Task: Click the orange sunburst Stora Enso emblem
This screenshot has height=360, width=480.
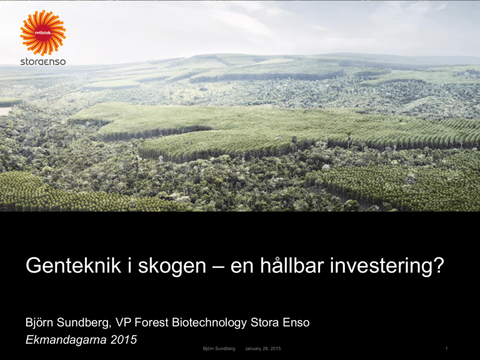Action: (x=43, y=32)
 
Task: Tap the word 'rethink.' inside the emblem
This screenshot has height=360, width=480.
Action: (x=42, y=32)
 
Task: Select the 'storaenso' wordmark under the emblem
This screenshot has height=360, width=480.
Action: (x=43, y=61)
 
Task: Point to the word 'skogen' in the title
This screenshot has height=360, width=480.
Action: (x=172, y=266)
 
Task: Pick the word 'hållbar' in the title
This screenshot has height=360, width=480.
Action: (x=292, y=265)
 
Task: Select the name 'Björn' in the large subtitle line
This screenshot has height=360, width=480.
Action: (x=40, y=322)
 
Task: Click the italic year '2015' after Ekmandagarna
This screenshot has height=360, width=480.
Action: (x=124, y=340)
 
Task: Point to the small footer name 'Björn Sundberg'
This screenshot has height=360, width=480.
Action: (x=219, y=349)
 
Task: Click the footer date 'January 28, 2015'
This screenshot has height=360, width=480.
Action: (x=262, y=349)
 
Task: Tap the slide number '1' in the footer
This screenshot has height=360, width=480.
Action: (x=447, y=348)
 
